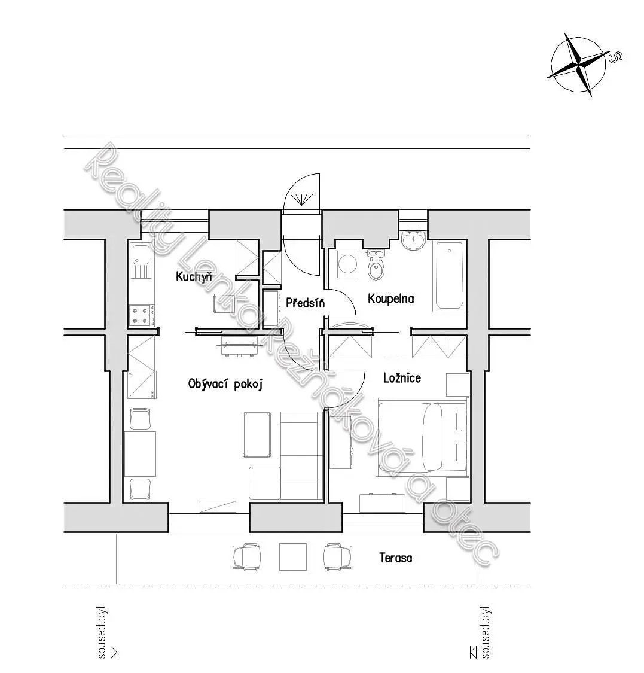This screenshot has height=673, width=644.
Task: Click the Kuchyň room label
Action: click(x=194, y=276)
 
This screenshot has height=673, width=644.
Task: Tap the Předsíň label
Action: click(x=306, y=303)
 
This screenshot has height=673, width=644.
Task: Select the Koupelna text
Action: click(x=391, y=299)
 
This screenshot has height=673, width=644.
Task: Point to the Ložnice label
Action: click(x=402, y=378)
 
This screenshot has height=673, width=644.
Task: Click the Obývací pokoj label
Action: click(x=225, y=383)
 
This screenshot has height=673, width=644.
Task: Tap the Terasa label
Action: click(x=396, y=558)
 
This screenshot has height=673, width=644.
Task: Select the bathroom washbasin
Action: click(x=414, y=240)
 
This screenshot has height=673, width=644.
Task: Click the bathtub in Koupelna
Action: click(x=449, y=276)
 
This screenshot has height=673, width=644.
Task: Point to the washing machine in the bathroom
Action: click(x=347, y=264)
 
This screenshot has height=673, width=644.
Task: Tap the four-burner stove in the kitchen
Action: click(x=142, y=315)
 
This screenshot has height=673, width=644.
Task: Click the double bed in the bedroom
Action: click(x=422, y=437)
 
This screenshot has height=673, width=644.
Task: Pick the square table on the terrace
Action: click(x=293, y=557)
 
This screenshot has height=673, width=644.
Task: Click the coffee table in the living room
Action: click(x=257, y=435)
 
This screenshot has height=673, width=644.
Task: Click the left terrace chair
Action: click(x=247, y=557)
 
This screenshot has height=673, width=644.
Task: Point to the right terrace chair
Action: click(x=338, y=557)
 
